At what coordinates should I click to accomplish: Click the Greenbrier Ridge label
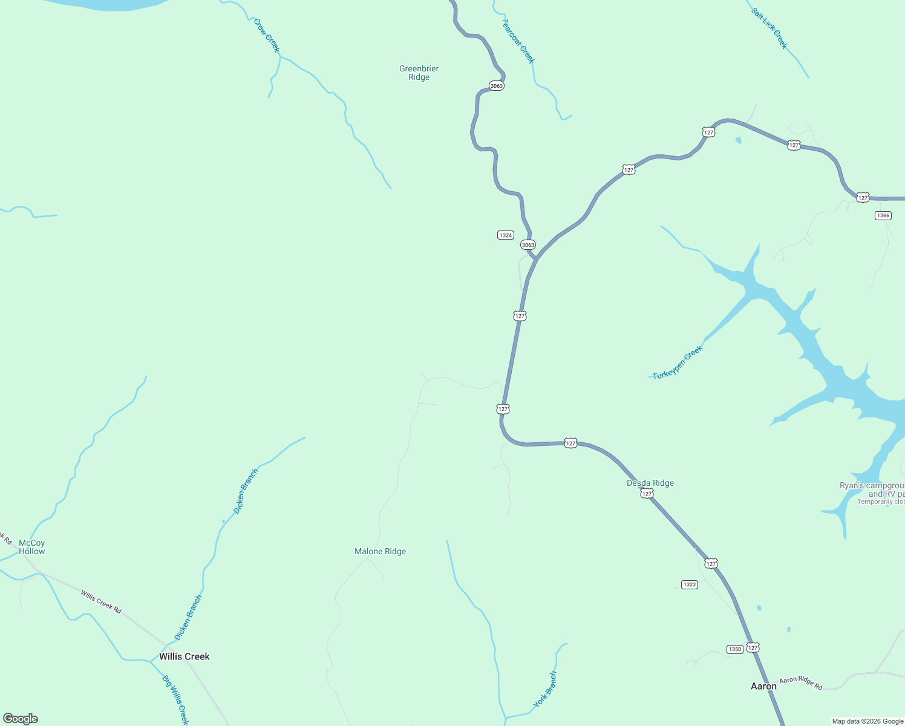419,73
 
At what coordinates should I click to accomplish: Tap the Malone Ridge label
380,551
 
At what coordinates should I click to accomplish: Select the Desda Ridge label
650,483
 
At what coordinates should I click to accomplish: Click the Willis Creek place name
184,656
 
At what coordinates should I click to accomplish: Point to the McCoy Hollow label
31,547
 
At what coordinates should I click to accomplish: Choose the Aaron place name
763,686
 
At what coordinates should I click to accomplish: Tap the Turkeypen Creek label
678,362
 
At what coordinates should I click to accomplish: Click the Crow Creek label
267,35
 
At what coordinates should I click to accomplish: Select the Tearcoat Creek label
518,41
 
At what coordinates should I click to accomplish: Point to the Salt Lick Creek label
769,28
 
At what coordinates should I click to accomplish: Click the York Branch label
545,690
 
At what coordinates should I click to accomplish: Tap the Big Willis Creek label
175,699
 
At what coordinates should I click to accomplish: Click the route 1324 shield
506,235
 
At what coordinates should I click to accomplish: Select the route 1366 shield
883,215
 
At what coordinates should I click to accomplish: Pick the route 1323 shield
689,584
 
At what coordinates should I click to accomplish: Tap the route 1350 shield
734,649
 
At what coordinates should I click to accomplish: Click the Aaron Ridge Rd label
800,682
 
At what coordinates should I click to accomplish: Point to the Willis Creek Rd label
101,601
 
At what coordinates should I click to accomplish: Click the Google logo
21,719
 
